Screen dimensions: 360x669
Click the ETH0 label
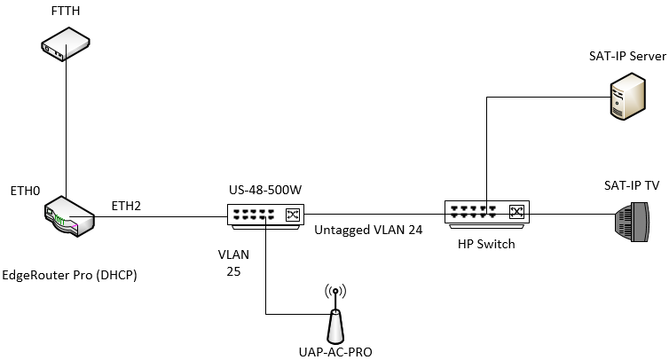click(25, 191)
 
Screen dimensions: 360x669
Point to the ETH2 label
click(127, 206)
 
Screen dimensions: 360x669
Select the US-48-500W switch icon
click(264, 214)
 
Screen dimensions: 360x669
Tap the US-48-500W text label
click(264, 191)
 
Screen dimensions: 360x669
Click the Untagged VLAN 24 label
click(367, 229)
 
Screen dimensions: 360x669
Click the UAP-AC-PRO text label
click(335, 352)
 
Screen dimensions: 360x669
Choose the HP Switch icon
click(485, 212)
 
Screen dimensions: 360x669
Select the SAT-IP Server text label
click(627, 57)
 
